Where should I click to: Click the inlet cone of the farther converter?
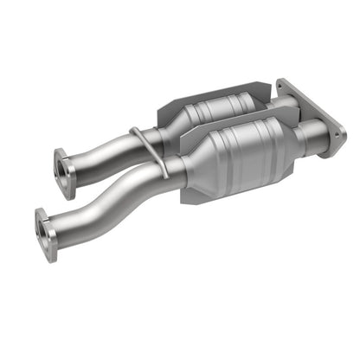pos(173,127)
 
